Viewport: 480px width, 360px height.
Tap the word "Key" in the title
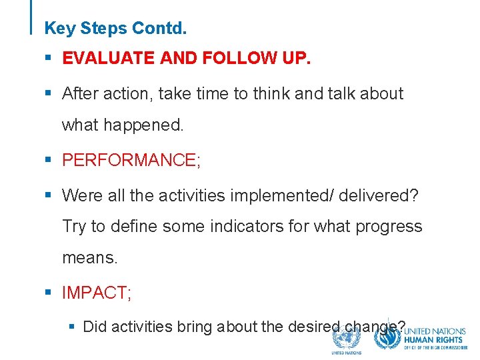click(x=59, y=29)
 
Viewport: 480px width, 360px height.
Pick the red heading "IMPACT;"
click(x=97, y=292)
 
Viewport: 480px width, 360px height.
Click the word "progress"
click(x=389, y=227)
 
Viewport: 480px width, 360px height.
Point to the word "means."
click(x=90, y=257)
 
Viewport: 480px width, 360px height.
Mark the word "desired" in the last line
click(x=315, y=327)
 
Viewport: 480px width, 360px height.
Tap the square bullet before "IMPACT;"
click(x=48, y=293)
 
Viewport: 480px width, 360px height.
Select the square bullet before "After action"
click(x=48, y=94)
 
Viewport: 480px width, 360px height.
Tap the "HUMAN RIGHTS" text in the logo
click(x=435, y=339)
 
